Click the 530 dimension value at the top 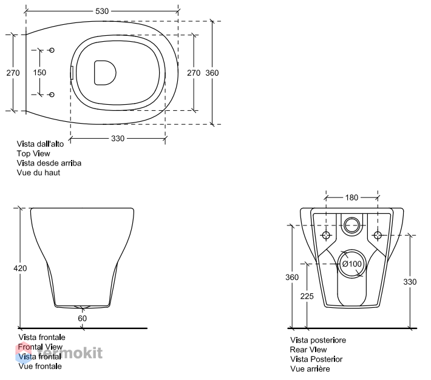click(102, 12)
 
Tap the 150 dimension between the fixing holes click(39, 73)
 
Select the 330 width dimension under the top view click(118, 139)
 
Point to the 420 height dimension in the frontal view click(21, 268)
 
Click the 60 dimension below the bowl click(82, 318)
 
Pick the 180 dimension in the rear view click(351, 198)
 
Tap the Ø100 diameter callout click(352, 264)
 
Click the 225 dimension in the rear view click(307, 296)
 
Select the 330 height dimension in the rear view click(410, 282)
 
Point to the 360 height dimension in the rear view click(292, 277)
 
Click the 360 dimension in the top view click(212, 73)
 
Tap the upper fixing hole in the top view click(52, 50)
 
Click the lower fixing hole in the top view click(52, 95)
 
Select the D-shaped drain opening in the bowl click(105, 73)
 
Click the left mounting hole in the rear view click(326, 235)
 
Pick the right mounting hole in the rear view click(378, 235)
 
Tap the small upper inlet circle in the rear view click(351, 225)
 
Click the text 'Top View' click(33, 154)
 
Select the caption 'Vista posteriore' click(318, 340)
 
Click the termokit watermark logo click(59, 353)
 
